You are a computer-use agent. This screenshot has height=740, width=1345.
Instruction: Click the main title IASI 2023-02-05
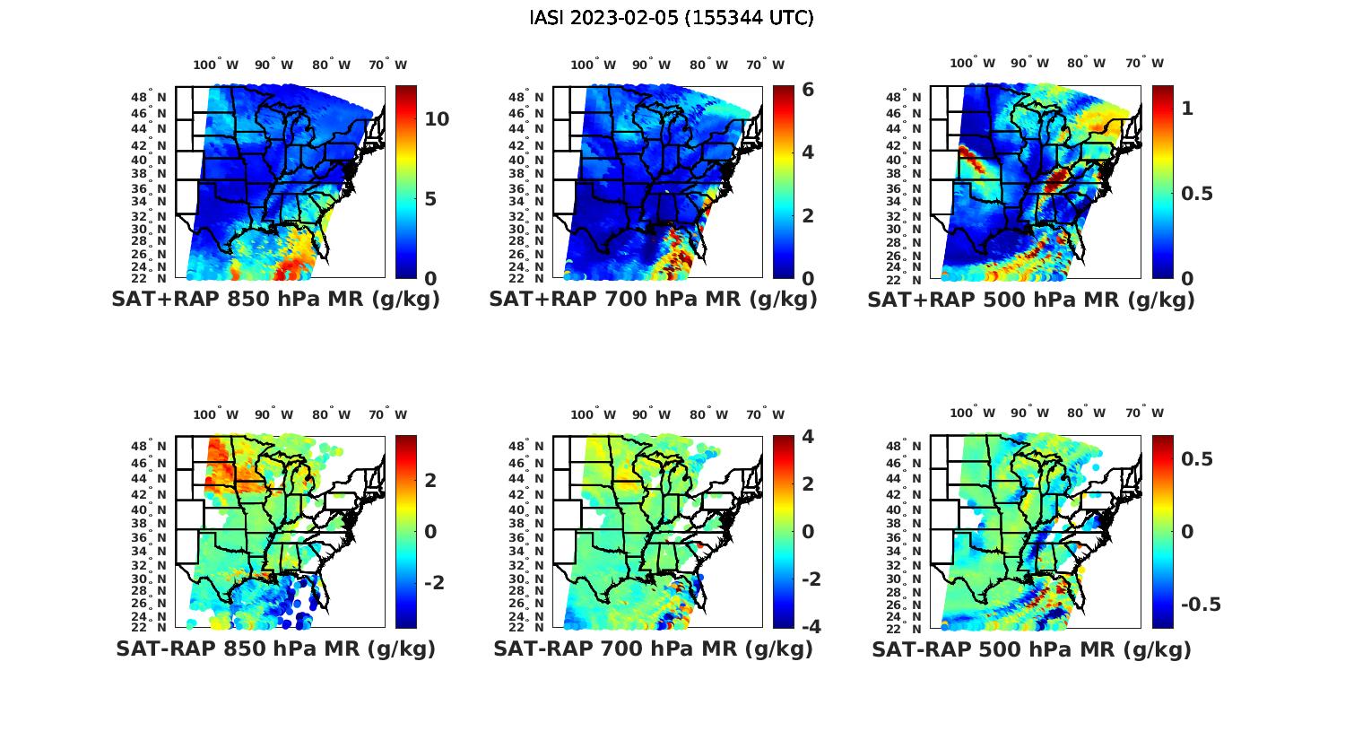pyautogui.click(x=672, y=17)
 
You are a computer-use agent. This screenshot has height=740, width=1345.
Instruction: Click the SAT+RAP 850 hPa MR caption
pyautogui.click(x=275, y=300)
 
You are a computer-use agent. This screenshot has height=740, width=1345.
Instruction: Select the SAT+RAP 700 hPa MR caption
pyautogui.click(x=653, y=300)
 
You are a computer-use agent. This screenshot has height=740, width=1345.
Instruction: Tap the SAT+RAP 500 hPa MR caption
pyautogui.click(x=1030, y=300)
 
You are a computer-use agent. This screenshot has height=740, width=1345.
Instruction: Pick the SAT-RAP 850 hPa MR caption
pyautogui.click(x=275, y=649)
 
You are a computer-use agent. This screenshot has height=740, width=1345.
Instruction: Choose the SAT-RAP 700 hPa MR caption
pyautogui.click(x=653, y=649)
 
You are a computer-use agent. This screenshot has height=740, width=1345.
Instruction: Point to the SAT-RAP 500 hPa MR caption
pyautogui.click(x=1031, y=649)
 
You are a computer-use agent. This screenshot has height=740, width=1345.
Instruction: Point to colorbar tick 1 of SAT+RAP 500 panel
pyautogui.click(x=1187, y=109)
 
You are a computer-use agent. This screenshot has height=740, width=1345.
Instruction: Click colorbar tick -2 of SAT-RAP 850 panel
pyautogui.click(x=433, y=583)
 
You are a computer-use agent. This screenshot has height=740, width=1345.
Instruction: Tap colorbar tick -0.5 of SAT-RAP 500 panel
pyautogui.click(x=1201, y=604)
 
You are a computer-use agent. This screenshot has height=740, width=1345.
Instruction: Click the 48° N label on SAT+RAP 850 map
pyautogui.click(x=150, y=97)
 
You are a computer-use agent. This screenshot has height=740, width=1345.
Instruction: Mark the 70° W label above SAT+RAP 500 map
pyautogui.click(x=1145, y=63)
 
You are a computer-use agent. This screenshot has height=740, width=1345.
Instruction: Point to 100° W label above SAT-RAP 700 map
pyautogui.click(x=593, y=414)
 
